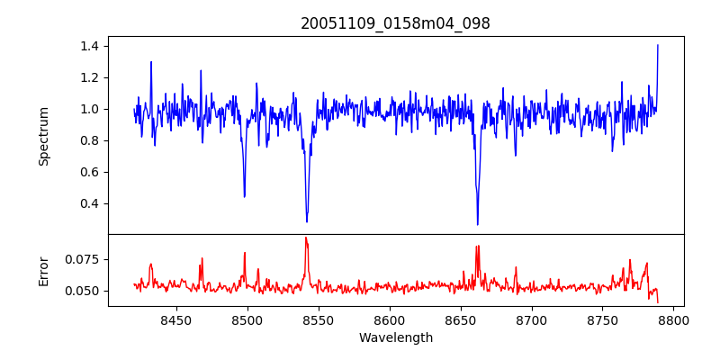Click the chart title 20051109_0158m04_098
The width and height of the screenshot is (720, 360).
[395, 23]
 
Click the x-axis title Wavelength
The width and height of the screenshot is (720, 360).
[396, 338]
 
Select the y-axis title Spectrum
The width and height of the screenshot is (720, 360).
[43, 136]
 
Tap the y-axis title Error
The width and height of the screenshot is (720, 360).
[43, 270]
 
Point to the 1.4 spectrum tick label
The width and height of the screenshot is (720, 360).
[91, 46]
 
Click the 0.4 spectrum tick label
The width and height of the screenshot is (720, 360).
[91, 203]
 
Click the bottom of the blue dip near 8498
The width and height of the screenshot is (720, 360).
[244, 197]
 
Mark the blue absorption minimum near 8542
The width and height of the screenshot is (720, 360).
[307, 221]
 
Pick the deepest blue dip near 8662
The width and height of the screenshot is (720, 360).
[477, 225]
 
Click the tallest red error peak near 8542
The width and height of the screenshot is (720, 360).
[306, 238]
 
